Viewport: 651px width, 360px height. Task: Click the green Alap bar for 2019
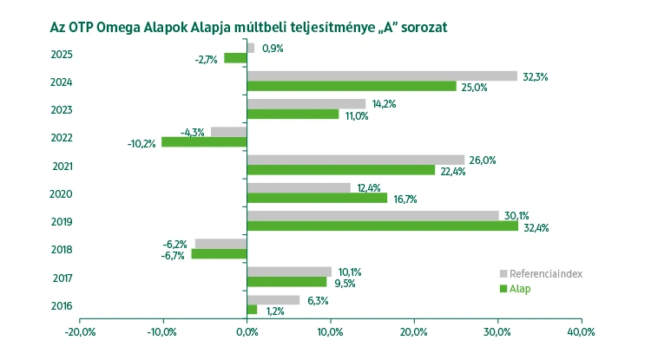pos(382,226)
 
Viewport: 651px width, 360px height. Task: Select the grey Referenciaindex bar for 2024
pos(382,75)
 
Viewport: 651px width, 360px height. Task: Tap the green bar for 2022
pos(204,141)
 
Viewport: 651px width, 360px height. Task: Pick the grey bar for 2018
pos(221,244)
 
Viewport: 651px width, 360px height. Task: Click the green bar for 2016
pos(252,310)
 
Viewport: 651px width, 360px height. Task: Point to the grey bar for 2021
pos(356,160)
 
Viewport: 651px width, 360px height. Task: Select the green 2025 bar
pos(235,58)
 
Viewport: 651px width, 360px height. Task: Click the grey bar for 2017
pos(289,272)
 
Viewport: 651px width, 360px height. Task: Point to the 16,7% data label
pos(404,199)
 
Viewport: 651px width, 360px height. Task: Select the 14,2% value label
pos(383,104)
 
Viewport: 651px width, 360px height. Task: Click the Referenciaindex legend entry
pos(546,273)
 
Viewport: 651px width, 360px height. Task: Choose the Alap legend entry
pos(520,289)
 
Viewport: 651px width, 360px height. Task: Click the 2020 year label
pos(62,193)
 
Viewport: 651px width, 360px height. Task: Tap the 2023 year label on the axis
pos(62,110)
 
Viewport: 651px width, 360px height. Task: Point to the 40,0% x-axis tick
pos(581,332)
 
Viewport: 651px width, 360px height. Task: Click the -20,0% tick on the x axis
pos(79,332)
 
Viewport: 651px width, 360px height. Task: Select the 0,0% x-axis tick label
pos(247,332)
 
